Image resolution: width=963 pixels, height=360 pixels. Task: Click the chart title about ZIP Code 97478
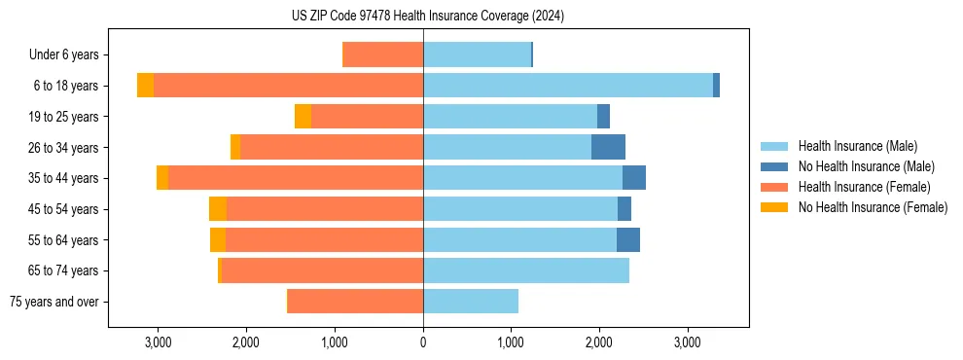pos(428,17)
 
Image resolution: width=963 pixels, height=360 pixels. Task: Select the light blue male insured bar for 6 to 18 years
pos(568,86)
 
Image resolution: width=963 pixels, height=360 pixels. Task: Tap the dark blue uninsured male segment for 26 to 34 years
pos(608,147)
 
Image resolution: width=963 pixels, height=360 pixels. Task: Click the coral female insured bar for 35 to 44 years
pos(296,178)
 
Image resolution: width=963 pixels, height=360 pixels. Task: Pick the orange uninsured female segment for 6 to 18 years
pos(145,86)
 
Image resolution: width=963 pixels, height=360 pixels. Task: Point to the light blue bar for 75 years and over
pos(471,302)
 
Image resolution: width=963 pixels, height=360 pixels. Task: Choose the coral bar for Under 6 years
pos(383,54)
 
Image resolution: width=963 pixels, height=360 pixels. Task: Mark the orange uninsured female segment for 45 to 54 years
pos(218,209)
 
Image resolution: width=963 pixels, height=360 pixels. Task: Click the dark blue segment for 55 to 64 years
pos(628,239)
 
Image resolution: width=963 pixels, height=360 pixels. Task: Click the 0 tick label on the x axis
pos(423,343)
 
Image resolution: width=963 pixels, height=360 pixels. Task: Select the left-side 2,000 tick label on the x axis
pos(245,343)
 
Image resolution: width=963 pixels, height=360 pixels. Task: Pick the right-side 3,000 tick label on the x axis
pos(688,343)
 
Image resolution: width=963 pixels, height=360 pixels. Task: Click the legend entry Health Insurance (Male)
pos(857,146)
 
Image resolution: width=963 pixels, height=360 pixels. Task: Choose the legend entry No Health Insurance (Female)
pos(873,207)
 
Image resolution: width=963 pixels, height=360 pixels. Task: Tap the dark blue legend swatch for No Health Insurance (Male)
pos(774,166)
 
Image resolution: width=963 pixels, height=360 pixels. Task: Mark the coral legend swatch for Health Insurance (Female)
pos(774,187)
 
